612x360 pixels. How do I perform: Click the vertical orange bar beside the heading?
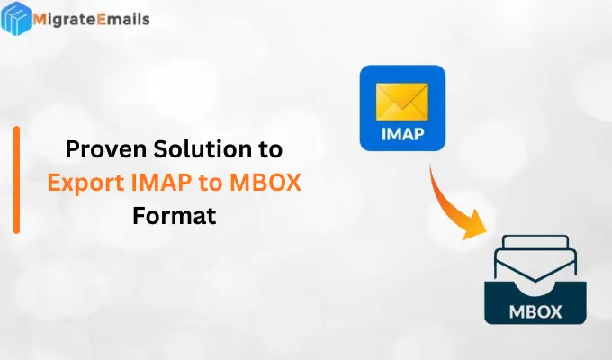[x=16, y=180]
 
